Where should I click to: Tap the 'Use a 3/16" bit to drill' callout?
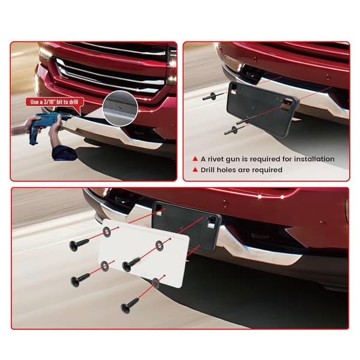(55, 102)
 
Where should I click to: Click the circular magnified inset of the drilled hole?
(120, 109)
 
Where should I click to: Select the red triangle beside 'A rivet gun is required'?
(195, 159)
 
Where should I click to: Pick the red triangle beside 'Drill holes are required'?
(195, 170)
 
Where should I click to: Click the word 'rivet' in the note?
(215, 159)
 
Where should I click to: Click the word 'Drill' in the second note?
(208, 170)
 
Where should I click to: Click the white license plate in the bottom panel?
(143, 253)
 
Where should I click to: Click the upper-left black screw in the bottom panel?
(79, 245)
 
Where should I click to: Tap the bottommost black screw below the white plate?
(130, 305)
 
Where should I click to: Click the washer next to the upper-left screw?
(107, 232)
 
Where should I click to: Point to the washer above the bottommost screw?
(155, 283)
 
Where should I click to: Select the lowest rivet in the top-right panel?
(233, 131)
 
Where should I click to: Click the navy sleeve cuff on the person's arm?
(64, 152)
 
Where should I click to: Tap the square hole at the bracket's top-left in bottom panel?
(158, 209)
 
